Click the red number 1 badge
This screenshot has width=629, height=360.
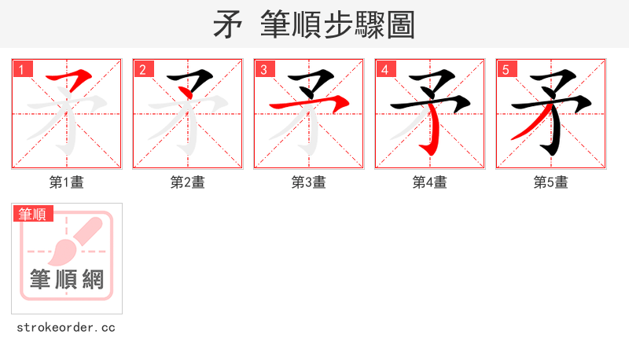click(21, 69)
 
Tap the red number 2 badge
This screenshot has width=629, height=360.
click(142, 69)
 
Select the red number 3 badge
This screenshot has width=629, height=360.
click(263, 69)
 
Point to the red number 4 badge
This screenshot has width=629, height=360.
click(384, 69)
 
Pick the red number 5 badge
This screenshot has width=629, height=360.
click(506, 69)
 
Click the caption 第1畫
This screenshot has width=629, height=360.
click(67, 182)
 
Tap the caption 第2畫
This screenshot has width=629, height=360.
click(188, 182)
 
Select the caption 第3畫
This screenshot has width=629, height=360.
click(309, 182)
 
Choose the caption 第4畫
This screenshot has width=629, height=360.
click(430, 182)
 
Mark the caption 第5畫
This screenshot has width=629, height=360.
click(551, 182)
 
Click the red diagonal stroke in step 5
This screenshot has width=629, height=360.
click(528, 126)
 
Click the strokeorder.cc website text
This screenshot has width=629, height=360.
click(66, 327)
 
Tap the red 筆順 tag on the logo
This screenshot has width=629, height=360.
click(33, 214)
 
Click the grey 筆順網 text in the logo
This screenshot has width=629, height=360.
click(67, 279)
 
